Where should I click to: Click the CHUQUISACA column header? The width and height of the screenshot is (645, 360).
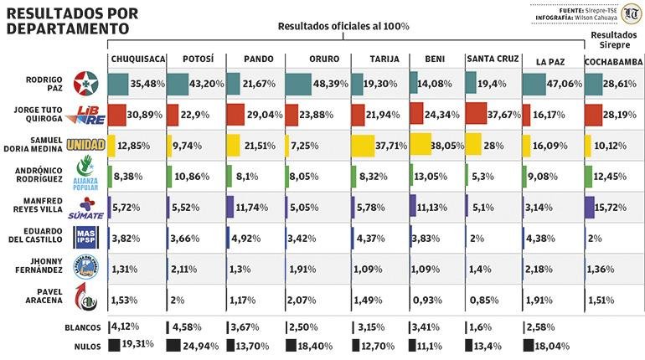click(136, 60)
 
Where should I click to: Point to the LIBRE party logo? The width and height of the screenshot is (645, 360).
click(87, 115)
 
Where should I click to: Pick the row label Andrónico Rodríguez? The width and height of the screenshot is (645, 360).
click(34, 177)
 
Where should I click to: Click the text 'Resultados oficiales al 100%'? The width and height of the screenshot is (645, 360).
click(344, 27)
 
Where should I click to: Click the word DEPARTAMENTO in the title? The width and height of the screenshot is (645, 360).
click(68, 28)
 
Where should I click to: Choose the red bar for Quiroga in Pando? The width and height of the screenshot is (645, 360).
click(235, 115)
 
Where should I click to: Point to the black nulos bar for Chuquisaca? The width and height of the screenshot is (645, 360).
click(115, 345)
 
